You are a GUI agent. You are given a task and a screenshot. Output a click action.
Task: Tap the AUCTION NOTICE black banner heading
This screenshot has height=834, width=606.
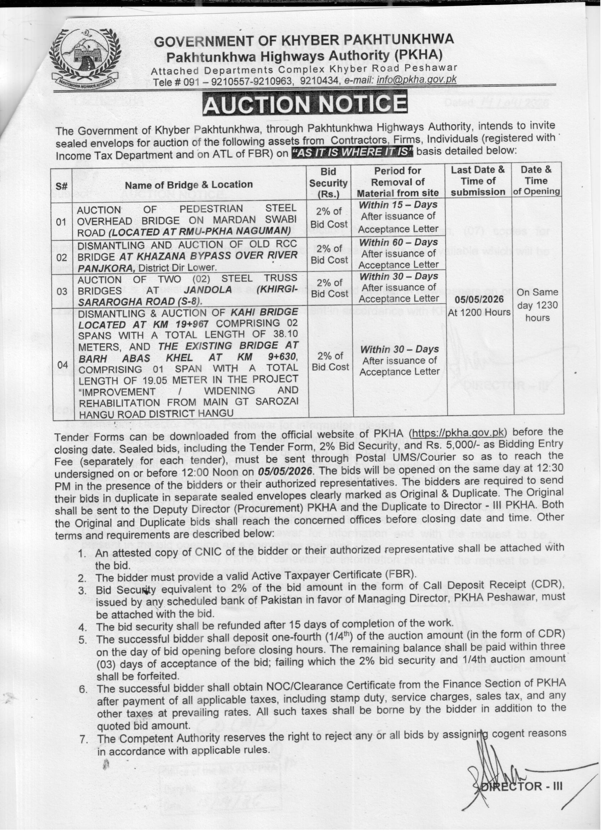click(x=305, y=104)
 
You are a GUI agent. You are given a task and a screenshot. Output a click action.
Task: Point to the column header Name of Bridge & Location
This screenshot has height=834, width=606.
click(x=189, y=184)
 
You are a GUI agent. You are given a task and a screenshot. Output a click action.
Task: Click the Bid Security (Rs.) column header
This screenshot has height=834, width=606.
click(x=329, y=182)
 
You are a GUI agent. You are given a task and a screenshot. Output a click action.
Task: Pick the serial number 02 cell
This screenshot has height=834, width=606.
click(x=62, y=257)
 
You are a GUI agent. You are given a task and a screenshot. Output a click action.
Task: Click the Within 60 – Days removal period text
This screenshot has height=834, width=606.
click(x=399, y=242)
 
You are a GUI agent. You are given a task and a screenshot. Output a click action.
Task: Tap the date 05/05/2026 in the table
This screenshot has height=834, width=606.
click(x=479, y=299)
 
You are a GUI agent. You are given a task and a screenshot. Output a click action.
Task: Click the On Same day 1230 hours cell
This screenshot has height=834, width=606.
click(x=537, y=305)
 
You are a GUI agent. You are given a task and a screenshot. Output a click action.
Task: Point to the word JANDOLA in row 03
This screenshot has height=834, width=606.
click(x=208, y=290)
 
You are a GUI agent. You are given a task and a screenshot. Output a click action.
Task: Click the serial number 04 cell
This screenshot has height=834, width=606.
click(x=62, y=365)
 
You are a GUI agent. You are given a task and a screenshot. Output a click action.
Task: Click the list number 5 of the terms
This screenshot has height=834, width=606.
click(x=83, y=640)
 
